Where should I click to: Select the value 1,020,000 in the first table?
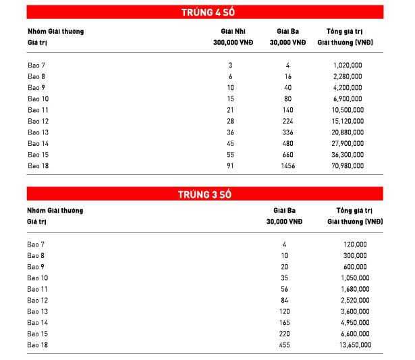348,65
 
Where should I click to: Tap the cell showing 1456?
287,165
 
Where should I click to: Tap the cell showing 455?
284,344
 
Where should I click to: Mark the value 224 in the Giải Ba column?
287,120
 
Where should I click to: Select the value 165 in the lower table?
284,322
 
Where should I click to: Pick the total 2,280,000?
348,76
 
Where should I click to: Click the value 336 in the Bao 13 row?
287,132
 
